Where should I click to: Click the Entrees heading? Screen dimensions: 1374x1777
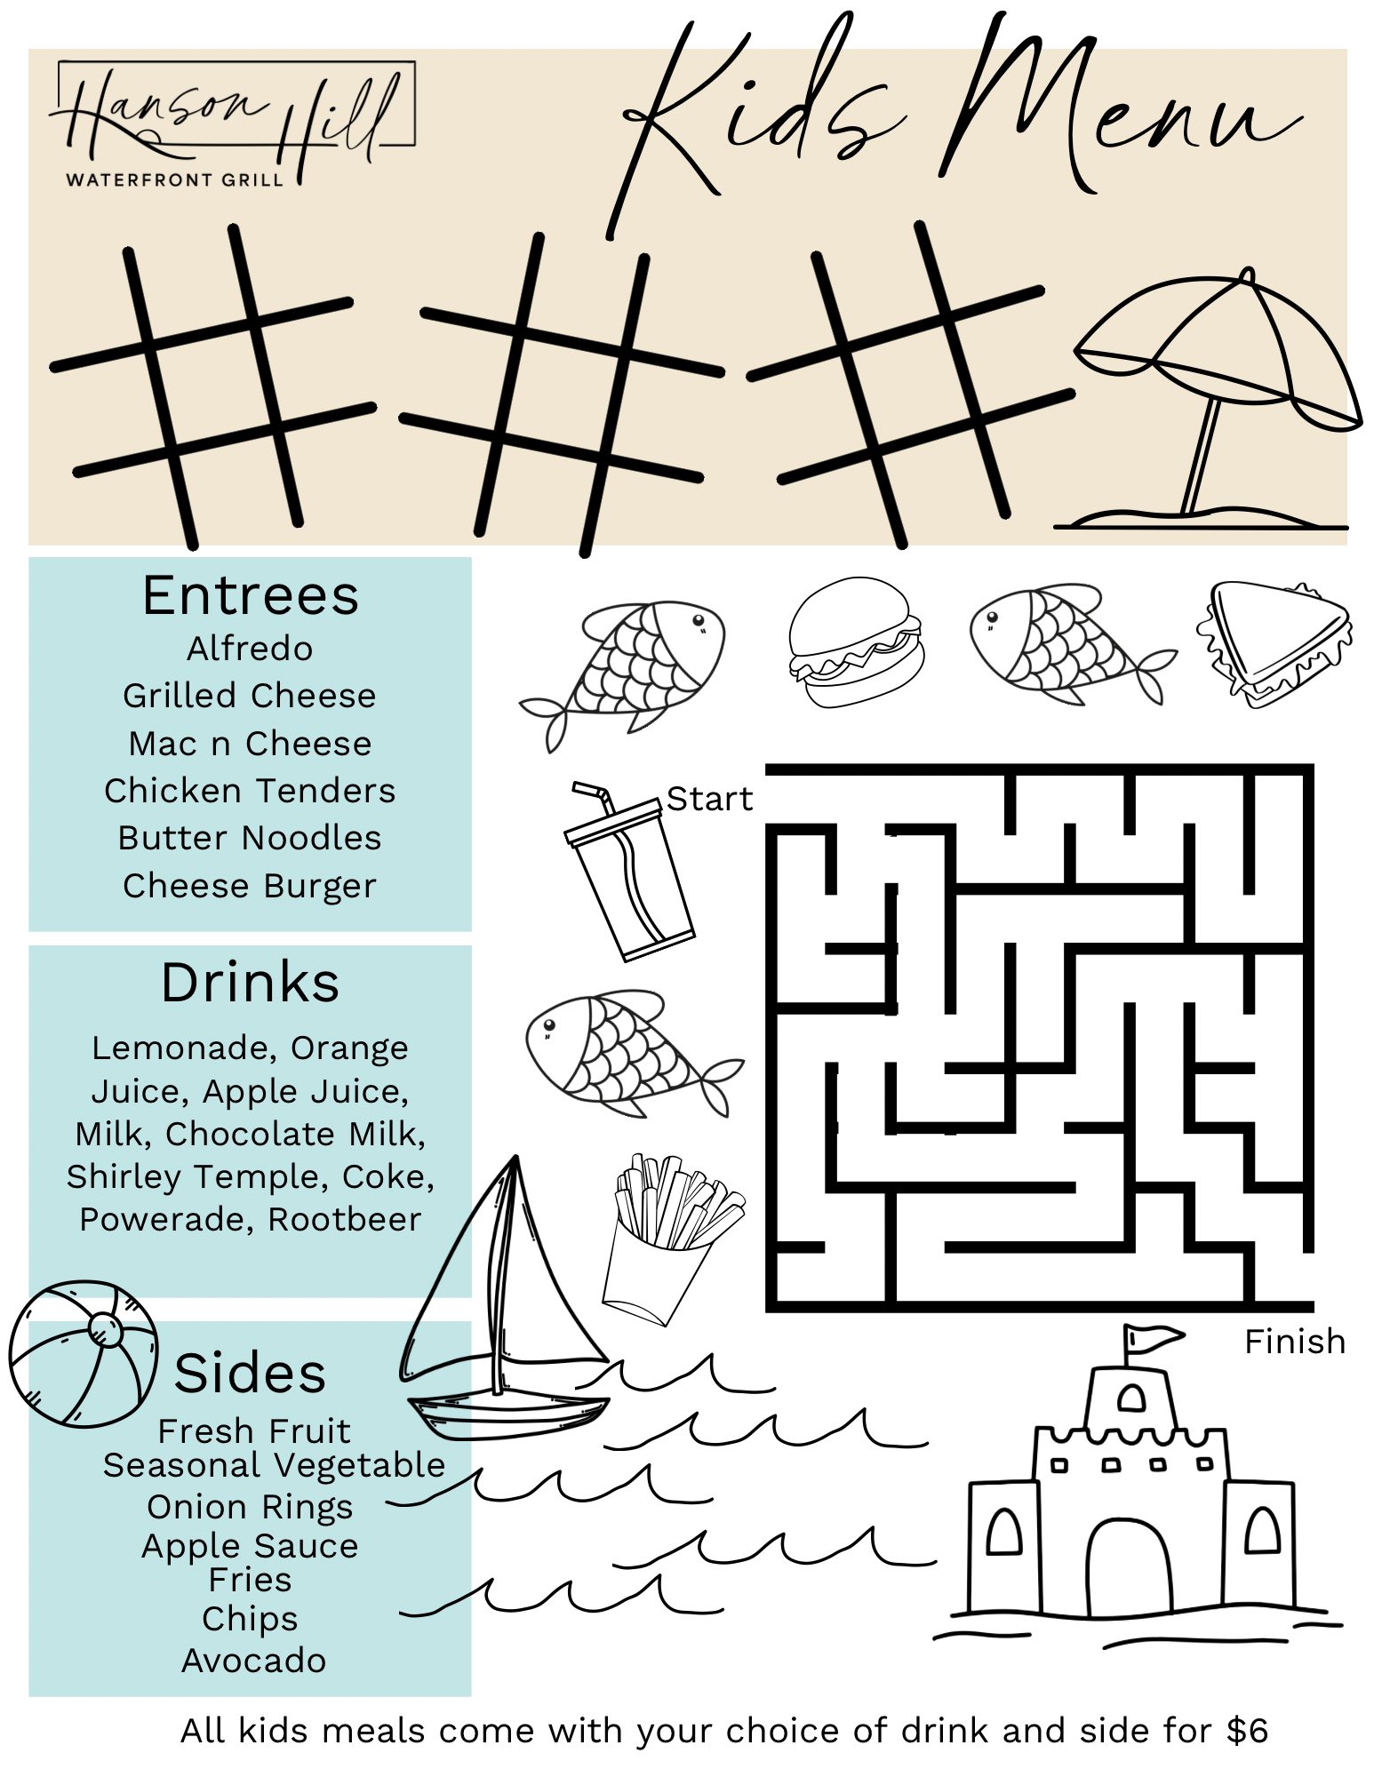251,595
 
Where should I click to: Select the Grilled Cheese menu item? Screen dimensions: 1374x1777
250,696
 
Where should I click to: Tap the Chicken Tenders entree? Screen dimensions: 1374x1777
250,790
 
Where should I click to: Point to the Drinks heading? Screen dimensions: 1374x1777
250,983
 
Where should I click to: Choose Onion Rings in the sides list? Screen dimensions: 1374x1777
250,1507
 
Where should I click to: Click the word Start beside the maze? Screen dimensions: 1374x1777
709,800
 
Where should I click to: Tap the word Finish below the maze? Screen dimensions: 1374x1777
1295,1342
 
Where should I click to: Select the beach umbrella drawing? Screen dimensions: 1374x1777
1213,400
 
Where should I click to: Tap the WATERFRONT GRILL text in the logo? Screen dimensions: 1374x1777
175,179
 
